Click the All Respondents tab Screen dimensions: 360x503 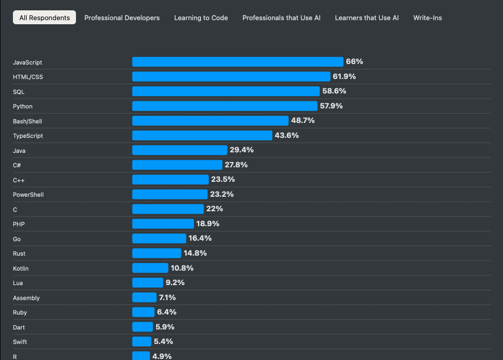pos(44,18)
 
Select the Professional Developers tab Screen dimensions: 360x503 pos(122,18)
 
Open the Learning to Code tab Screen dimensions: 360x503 pos(201,18)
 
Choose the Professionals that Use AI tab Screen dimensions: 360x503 pos(281,18)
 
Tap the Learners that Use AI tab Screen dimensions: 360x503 pos(367,18)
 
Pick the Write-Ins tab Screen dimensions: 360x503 pos(428,18)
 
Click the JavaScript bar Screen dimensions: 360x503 pos(237,62)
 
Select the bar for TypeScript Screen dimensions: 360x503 pos(202,135)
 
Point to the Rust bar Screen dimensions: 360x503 pos(157,253)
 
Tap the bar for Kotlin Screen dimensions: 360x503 pos(150,268)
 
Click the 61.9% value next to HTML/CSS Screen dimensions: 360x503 pos(344,76)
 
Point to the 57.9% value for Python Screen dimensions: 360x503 pos(331,106)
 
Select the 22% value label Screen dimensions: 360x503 pos(215,209)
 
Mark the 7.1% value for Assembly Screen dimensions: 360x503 pos(167,298)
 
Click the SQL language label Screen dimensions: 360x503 pos(19,92)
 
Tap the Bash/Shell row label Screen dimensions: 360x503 pos(27,121)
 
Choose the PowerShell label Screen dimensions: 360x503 pos(28,195)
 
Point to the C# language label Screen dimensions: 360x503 pos(17,165)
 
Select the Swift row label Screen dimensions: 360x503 pos(20,342)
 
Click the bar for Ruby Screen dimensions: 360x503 pos(143,312)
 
